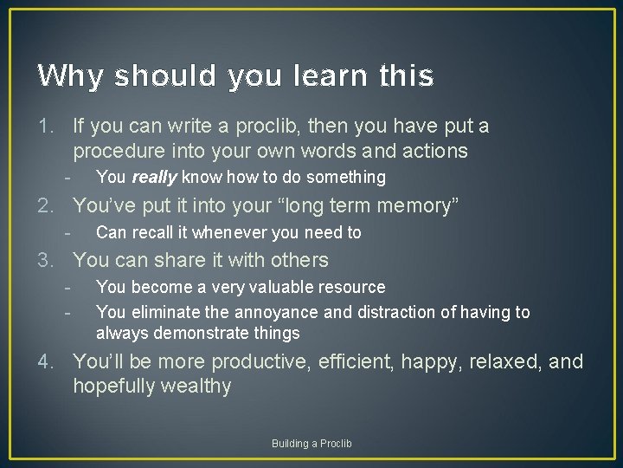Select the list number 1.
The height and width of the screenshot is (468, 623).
coord(47,127)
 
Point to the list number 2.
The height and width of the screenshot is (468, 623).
coord(47,206)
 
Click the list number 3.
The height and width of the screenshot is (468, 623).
coord(47,260)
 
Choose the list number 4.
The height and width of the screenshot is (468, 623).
coord(47,361)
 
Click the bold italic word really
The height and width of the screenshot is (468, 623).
coord(154,178)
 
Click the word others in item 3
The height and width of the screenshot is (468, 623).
coord(299,260)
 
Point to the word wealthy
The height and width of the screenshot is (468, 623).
coord(196,387)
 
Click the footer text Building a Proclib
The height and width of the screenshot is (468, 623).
coord(311,444)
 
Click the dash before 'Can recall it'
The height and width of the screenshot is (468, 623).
coord(67,232)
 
